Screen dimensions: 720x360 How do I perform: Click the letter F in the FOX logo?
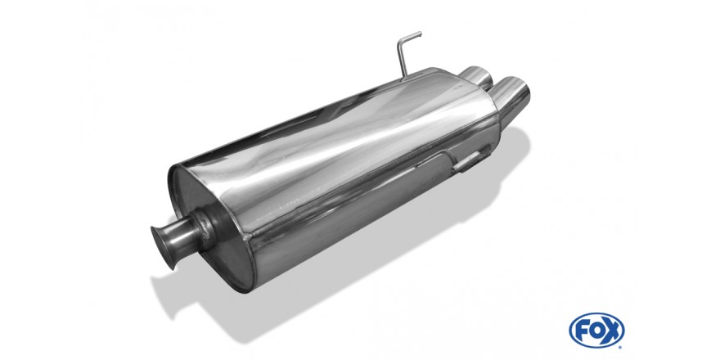click(x=582, y=331)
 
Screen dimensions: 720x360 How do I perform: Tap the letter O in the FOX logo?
click(x=596, y=331)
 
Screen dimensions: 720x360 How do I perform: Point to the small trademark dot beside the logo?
click(x=621, y=347)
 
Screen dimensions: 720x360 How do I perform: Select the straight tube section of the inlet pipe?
click(x=183, y=237)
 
